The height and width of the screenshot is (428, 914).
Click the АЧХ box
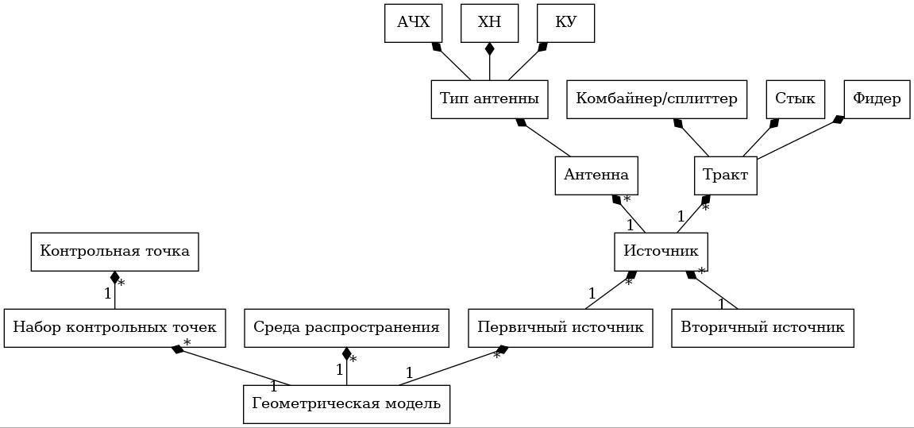pos(413,23)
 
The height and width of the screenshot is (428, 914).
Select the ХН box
pos(489,23)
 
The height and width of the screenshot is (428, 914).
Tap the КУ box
pos(565,23)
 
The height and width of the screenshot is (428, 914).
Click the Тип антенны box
pos(489,99)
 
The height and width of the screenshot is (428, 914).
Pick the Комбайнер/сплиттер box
pos(657,99)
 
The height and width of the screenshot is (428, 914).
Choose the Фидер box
pos(877,99)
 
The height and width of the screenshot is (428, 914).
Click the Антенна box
pos(596,175)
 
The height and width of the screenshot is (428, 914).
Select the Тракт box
pos(726,175)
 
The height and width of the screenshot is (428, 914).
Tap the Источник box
pos(661,252)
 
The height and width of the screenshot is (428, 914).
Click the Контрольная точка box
pos(115,252)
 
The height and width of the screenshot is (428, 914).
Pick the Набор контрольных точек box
pos(115,328)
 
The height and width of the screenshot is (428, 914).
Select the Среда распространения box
pos(346,328)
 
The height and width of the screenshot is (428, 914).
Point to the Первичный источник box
pos(561,328)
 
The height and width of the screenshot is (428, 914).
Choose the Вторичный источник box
pos(762,328)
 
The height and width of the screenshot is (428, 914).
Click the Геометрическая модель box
pos(346,404)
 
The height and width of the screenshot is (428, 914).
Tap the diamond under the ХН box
pos(490,49)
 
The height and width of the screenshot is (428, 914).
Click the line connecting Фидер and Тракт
pos(800,137)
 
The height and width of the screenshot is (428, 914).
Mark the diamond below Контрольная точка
pos(115,278)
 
